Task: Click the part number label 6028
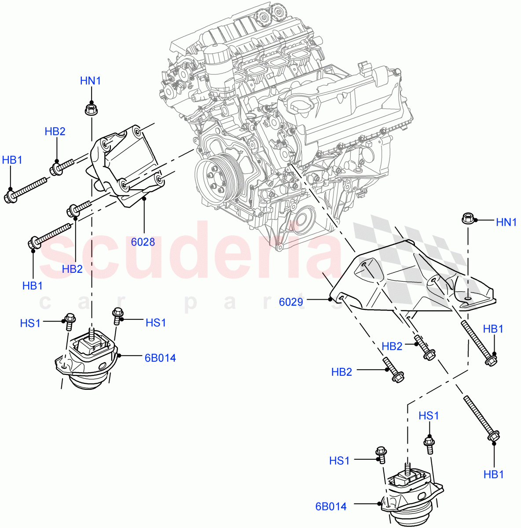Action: coord(143,242)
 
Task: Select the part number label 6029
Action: coord(291,302)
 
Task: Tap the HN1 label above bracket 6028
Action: coord(90,81)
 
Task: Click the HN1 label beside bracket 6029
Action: coord(506,222)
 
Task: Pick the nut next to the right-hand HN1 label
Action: coord(467,218)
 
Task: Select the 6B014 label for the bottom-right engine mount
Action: coord(330,506)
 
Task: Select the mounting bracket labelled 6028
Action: coord(123,167)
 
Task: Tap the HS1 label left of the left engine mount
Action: coord(30,323)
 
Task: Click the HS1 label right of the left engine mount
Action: coord(155,323)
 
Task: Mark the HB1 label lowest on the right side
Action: coord(493,474)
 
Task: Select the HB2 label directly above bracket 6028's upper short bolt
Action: coord(55,131)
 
